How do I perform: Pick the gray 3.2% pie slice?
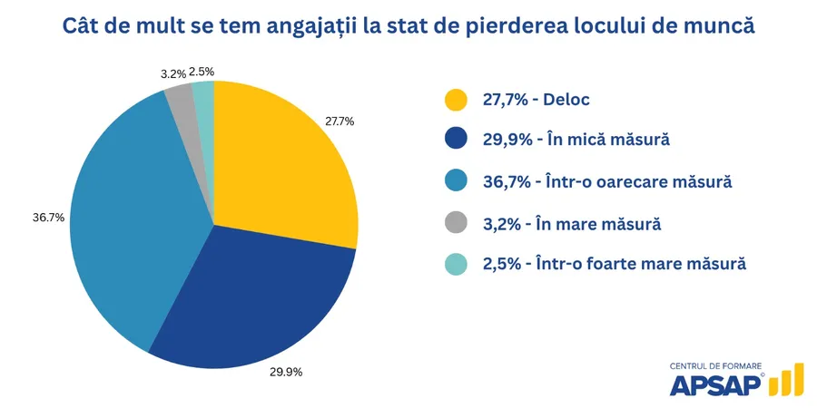182,95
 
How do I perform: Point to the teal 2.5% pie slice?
204,92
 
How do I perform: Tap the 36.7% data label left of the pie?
48,218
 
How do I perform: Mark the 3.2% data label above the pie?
174,73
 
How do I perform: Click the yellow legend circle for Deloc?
455,100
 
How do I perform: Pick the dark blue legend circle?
455,141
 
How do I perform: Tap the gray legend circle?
455,223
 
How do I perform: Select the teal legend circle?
455,264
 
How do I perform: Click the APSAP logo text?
715,385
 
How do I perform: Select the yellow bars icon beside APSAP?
785,381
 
